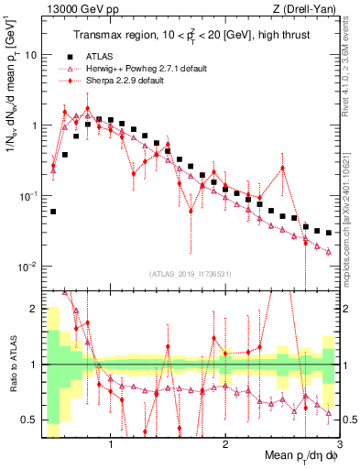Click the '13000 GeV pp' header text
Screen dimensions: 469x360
point(80,8)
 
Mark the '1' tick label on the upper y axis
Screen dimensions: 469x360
point(33,125)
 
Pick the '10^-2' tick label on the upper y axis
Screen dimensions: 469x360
point(27,267)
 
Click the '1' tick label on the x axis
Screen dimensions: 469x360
point(111,446)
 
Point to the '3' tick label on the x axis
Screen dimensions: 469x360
point(339,446)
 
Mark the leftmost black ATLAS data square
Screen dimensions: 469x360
point(53,212)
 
